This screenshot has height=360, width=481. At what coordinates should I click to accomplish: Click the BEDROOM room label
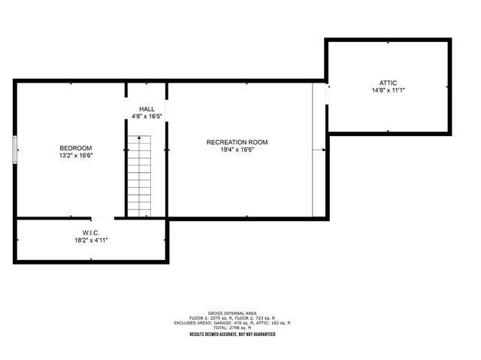[x=77, y=147]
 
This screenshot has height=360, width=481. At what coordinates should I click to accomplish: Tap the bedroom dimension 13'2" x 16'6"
[x=77, y=155]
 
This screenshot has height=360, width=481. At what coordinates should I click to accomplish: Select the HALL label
[x=147, y=109]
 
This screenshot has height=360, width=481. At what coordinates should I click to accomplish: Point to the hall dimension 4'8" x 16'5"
[x=147, y=116]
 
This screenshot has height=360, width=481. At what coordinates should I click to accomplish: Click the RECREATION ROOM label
[x=237, y=142]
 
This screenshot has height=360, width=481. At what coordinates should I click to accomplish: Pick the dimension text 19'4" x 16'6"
[x=237, y=150]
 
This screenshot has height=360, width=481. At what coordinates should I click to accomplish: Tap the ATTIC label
[x=389, y=82]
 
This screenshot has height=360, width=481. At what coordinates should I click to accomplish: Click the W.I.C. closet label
[x=92, y=232]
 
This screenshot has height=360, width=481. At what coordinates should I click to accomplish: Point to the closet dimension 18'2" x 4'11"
[x=92, y=241]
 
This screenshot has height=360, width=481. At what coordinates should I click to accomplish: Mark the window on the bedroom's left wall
[x=14, y=150]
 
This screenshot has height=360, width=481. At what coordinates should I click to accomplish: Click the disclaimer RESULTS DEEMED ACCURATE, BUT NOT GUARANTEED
[x=232, y=334]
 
